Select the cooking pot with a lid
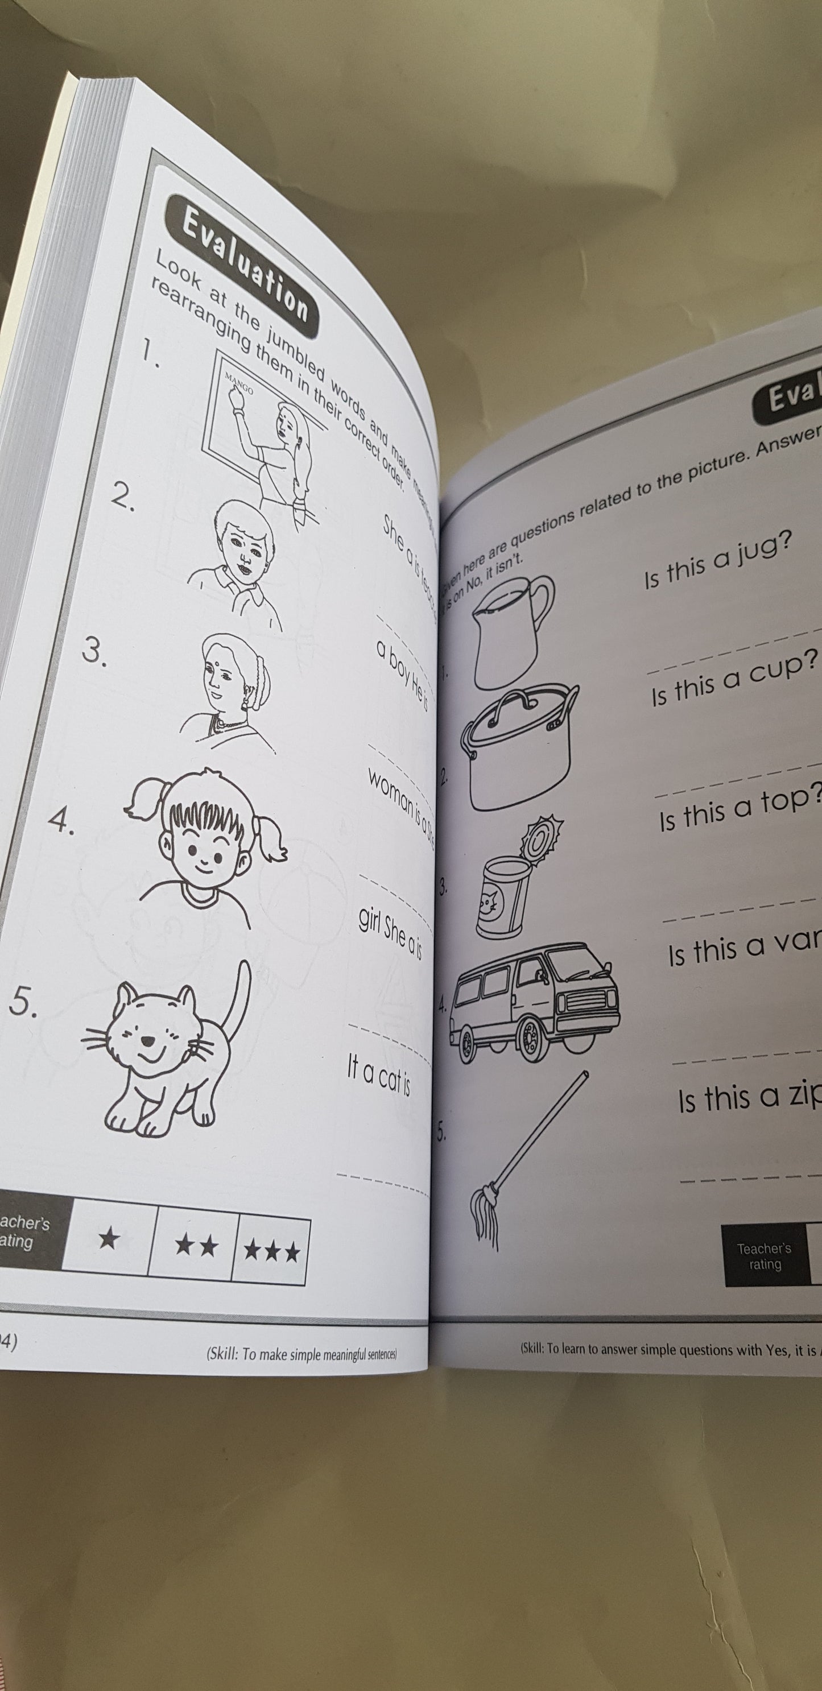pos(519,742)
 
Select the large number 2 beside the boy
pos(122,498)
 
